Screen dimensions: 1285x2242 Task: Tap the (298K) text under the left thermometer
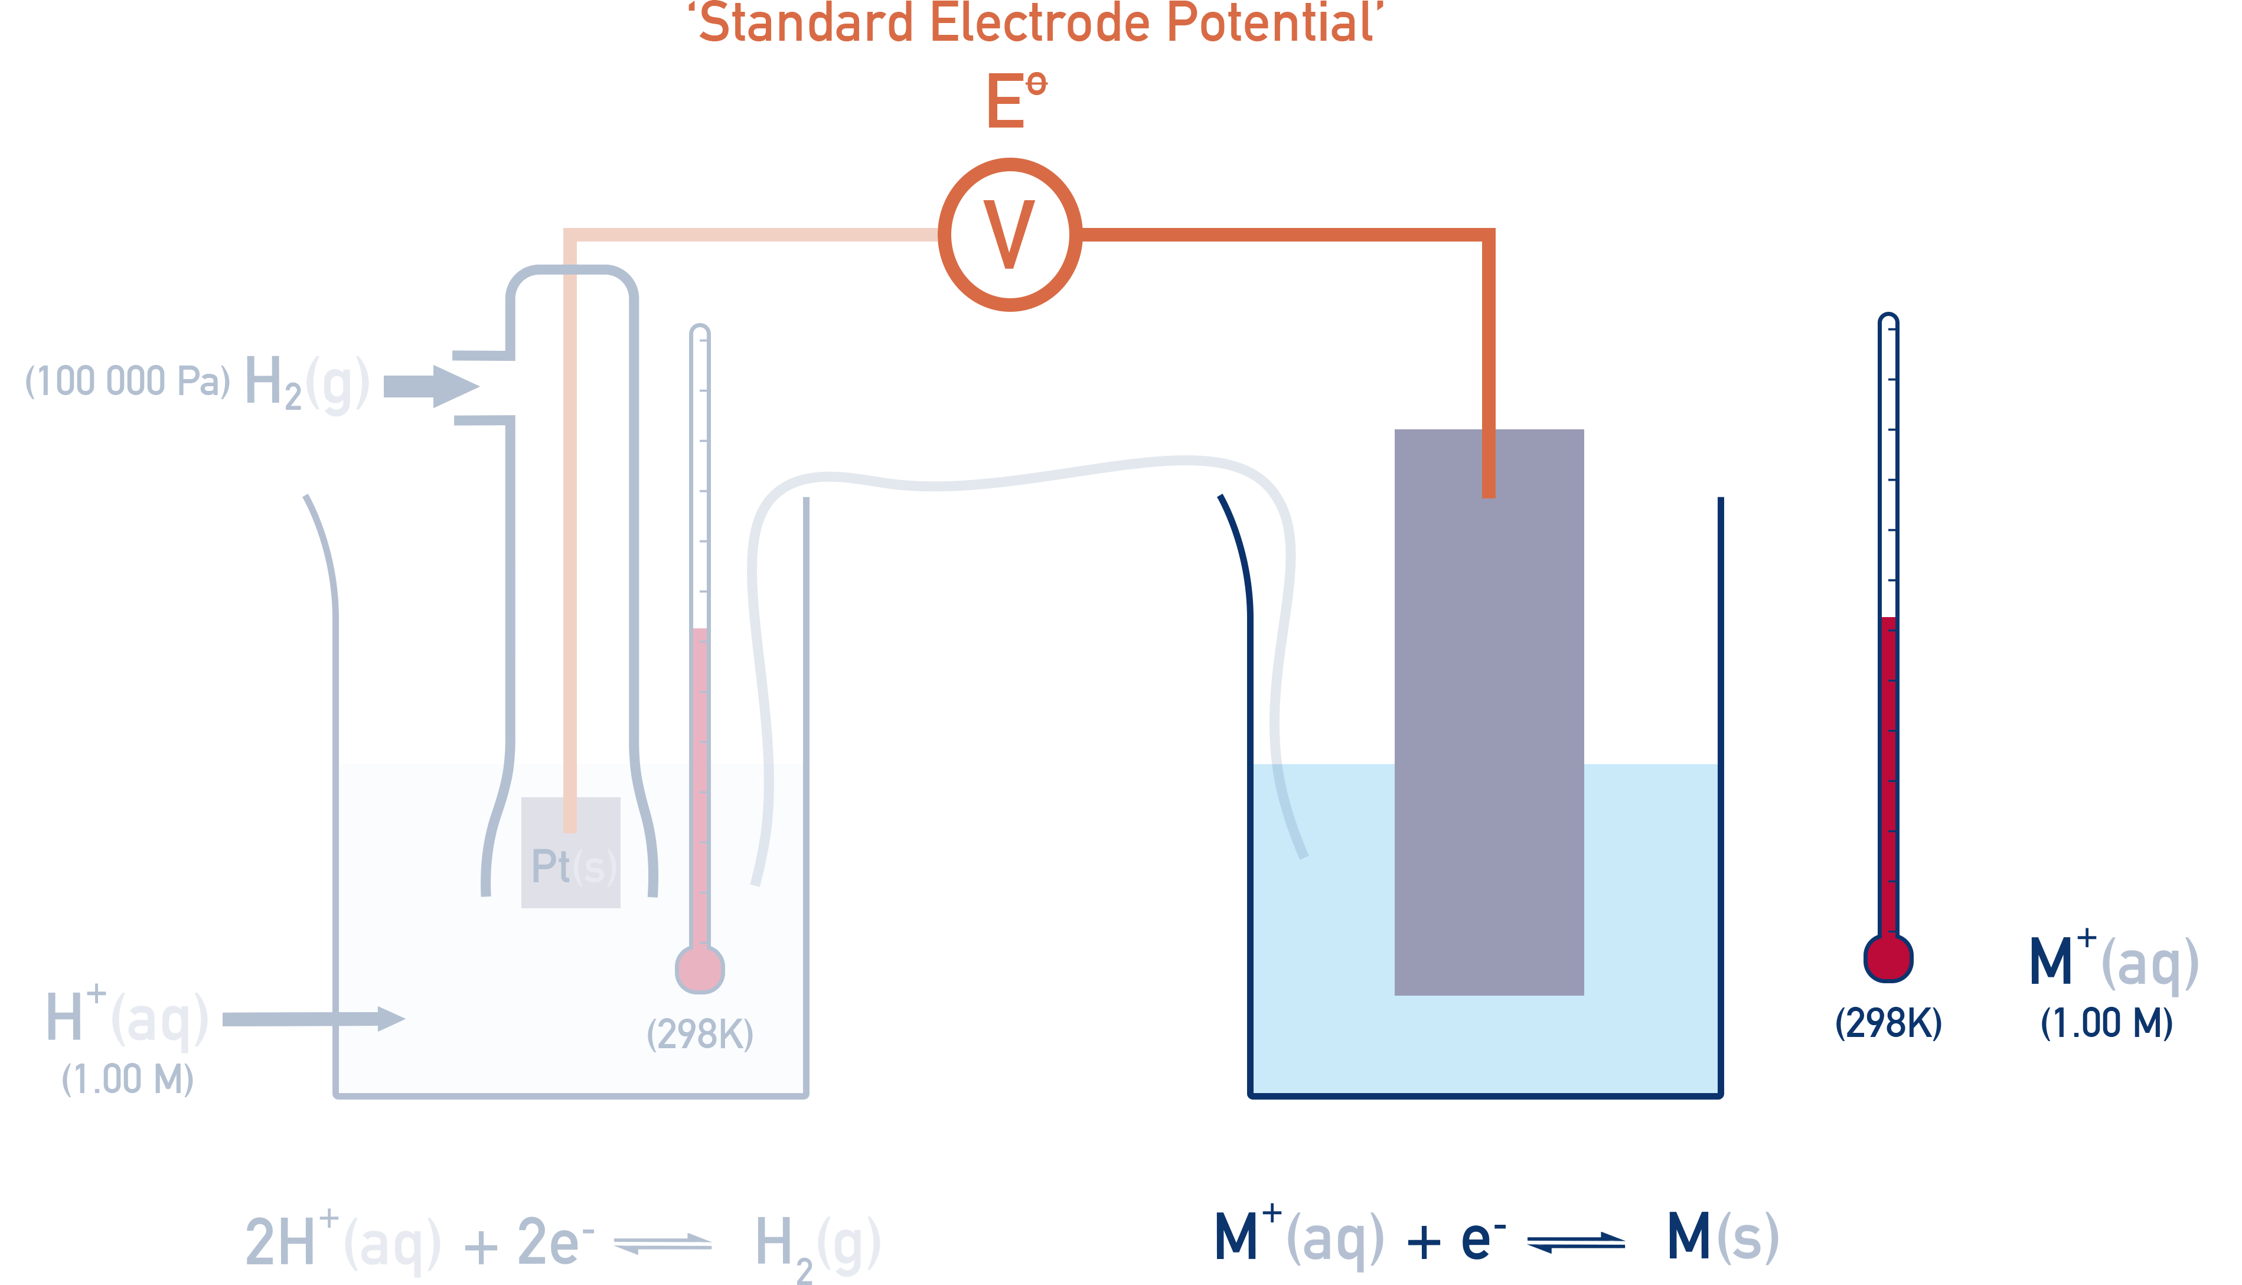pyautogui.click(x=700, y=1033)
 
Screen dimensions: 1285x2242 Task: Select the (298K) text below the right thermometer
pyautogui.click(x=1888, y=1023)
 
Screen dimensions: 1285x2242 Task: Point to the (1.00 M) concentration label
pyautogui.click(x=2106, y=1023)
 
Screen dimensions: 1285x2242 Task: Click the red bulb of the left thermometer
pyautogui.click(x=700, y=969)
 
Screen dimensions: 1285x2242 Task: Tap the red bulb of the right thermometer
pyautogui.click(x=1888, y=958)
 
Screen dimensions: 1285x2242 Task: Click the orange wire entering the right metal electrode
pyautogui.click(x=1489, y=371)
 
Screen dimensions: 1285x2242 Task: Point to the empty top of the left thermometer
pyautogui.click(x=700, y=441)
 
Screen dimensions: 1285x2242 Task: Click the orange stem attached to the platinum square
pyautogui.click(x=570, y=794)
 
